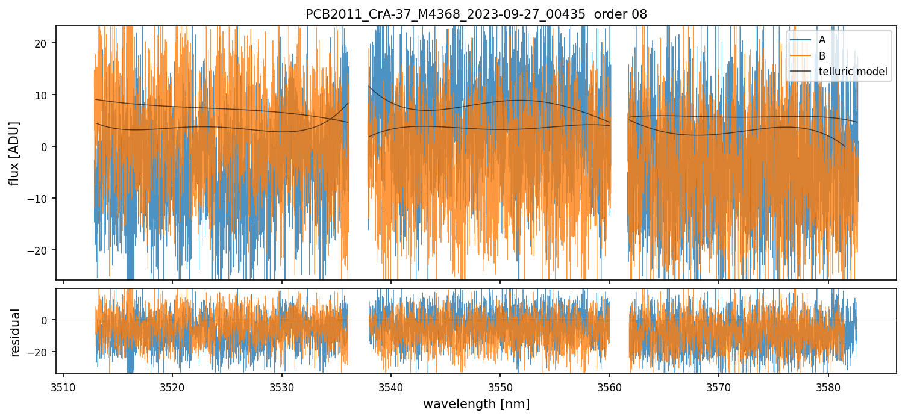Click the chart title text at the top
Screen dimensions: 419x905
coord(476,14)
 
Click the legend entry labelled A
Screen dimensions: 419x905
coord(822,40)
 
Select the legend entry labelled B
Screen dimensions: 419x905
coord(822,56)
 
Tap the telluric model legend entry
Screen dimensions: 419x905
coord(853,72)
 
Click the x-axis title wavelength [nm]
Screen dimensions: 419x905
coord(476,403)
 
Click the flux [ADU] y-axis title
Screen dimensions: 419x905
coord(15,153)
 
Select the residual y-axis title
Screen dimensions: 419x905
coord(15,332)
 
